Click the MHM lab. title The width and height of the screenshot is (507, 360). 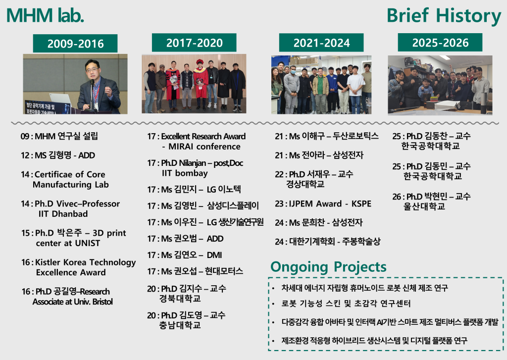tap(45, 15)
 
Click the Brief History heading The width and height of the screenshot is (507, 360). tap(444, 16)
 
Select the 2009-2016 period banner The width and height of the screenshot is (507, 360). tap(75, 44)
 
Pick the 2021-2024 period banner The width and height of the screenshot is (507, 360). tap(321, 43)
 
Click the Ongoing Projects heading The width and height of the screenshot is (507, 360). tap(328, 267)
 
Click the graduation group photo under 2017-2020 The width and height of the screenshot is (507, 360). tap(194, 84)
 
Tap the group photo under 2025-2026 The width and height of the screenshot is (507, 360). tap(440, 85)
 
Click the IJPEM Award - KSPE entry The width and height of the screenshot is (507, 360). tap(323, 204)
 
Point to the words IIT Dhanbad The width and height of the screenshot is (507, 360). tap(63, 214)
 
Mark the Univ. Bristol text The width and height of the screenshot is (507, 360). tap(92, 302)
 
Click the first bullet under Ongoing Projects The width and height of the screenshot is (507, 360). tap(365, 288)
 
